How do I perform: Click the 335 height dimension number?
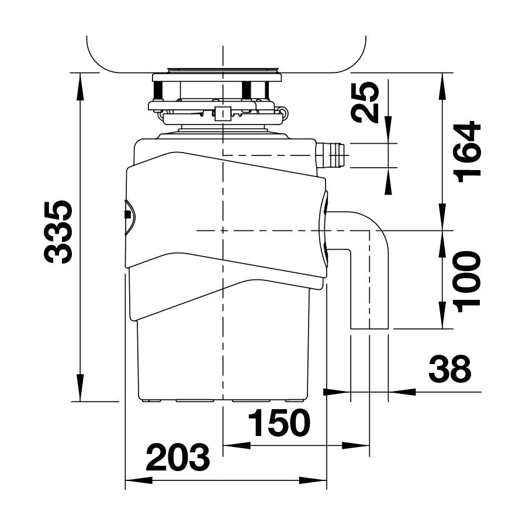tap(58, 232)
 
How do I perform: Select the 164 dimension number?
tap(466, 151)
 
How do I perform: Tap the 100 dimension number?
tap(466, 282)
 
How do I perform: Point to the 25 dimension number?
tap(365, 102)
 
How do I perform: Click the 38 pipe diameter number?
tap(450, 369)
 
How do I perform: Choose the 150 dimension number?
tap(279, 423)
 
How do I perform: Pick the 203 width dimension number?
tap(178, 457)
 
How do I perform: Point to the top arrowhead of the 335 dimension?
tap(81, 86)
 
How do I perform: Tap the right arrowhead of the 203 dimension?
tap(313, 480)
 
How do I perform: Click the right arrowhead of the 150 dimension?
tap(355, 446)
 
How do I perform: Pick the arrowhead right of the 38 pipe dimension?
tap(402, 391)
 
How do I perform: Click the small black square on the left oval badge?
tap(127, 214)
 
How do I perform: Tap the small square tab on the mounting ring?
tap(223, 114)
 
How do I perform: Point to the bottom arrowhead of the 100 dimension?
tap(442, 315)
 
